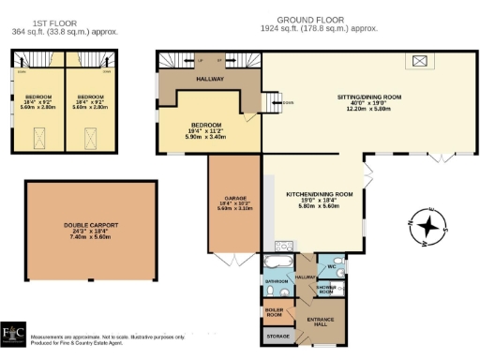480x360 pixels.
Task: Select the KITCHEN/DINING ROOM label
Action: coord(319,194)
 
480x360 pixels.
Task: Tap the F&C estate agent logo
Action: coord(14,337)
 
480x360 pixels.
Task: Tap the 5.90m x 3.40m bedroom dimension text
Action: coord(207,138)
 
